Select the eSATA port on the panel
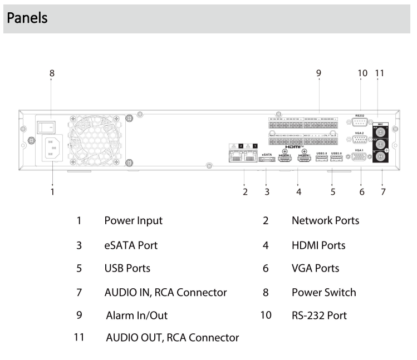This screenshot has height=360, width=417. pos(266,160)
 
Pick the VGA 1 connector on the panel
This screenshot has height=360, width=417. pos(360,157)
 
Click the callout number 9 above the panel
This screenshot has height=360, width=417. pos(318,73)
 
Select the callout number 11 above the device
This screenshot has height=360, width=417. pos(380,73)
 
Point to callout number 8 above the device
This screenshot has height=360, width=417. pos(52,73)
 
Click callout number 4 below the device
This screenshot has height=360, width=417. pos(298,193)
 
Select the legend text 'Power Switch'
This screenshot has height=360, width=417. pos(323,292)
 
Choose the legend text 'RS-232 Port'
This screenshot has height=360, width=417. pos(319,315)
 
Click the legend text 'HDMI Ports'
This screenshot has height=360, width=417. pos(318,244)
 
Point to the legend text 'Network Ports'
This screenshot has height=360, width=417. pos(325,220)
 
